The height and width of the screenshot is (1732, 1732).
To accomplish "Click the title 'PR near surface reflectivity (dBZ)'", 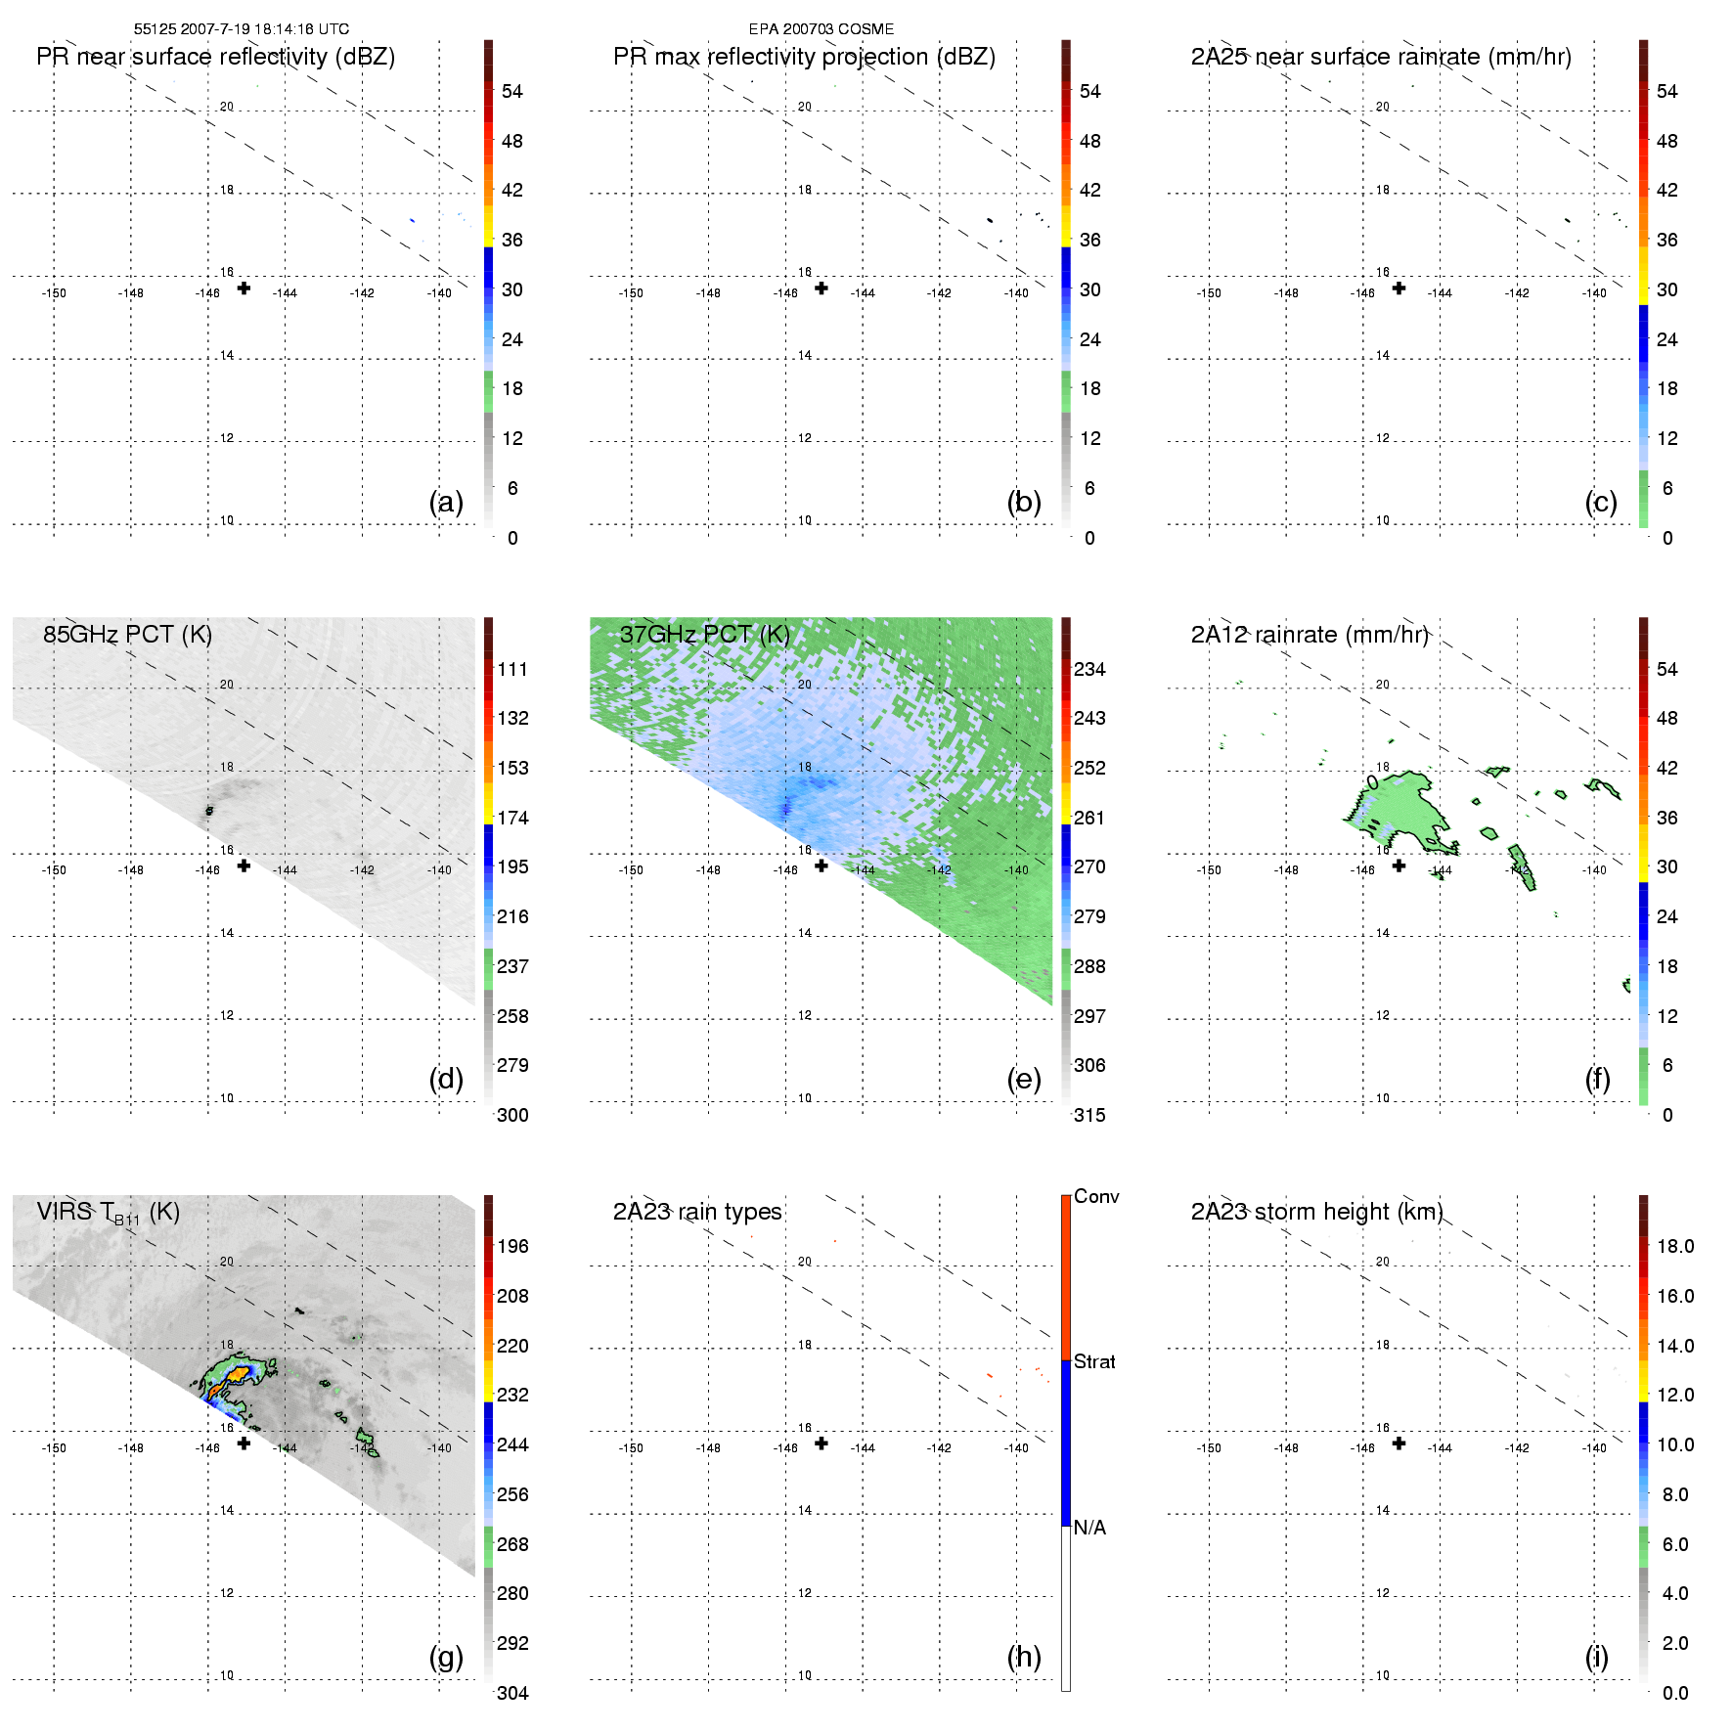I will [x=215, y=57].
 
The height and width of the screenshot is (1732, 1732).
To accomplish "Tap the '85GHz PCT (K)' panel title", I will [x=127, y=635].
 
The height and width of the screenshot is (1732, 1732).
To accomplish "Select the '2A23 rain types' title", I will [x=697, y=1212].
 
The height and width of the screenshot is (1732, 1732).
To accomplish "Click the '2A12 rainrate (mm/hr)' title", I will [x=1310, y=635].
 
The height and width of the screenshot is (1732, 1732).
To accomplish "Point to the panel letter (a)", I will [x=446, y=502].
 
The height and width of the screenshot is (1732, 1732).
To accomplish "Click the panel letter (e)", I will [x=1024, y=1079].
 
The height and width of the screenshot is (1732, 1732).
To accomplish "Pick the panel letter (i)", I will [x=1596, y=1657].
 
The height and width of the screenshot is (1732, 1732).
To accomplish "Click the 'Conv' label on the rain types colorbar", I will [x=1096, y=1196].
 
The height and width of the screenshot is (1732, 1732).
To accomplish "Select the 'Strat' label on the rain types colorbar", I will [x=1094, y=1361].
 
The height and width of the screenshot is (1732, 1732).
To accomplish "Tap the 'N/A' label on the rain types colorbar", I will [x=1089, y=1528].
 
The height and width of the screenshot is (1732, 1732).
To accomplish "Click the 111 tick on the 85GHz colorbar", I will [x=512, y=669].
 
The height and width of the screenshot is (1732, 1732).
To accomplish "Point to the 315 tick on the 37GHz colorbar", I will [x=1089, y=1115].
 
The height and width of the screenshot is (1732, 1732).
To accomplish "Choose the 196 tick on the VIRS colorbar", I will [x=512, y=1246].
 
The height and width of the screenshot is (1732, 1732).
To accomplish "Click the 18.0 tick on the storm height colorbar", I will [x=1675, y=1246].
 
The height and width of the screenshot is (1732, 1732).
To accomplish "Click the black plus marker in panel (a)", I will [x=244, y=289].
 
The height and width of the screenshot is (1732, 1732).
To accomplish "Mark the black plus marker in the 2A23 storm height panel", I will [x=1399, y=1443].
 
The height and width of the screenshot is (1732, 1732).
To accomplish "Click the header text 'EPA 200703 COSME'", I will [x=822, y=29].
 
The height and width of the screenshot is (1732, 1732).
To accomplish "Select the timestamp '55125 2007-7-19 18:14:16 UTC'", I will [x=242, y=29].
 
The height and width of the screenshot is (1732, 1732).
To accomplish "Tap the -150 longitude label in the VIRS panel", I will [x=54, y=1448].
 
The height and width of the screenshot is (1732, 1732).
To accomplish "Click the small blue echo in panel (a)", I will [x=412, y=220].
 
